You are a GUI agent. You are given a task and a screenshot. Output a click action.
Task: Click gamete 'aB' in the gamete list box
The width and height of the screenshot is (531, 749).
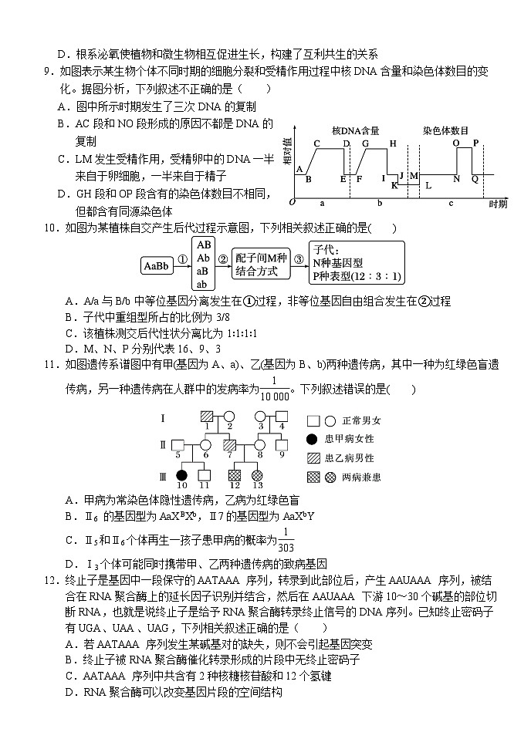204,271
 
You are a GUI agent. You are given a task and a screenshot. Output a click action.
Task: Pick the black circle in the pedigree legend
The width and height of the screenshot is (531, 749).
312,439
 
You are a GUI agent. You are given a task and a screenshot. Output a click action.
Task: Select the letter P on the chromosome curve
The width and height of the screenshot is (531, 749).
475,143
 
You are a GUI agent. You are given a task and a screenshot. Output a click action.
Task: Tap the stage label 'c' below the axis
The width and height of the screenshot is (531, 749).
451,202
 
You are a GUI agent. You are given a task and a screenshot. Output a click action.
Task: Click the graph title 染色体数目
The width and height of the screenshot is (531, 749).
445,130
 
